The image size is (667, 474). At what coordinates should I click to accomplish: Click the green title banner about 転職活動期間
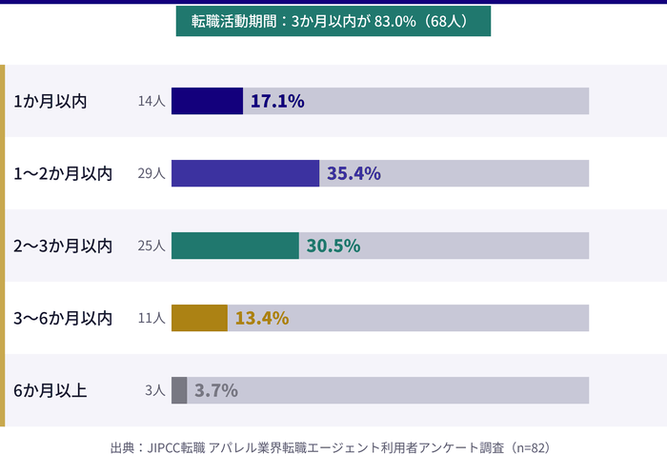pyautogui.click(x=333, y=22)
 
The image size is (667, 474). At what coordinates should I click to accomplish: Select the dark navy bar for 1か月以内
pyautogui.click(x=207, y=101)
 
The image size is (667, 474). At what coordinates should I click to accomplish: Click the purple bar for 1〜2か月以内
pyautogui.click(x=245, y=173)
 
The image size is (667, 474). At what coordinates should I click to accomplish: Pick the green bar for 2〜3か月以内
pyautogui.click(x=234, y=246)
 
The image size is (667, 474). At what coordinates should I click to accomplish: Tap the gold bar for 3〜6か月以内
pyautogui.click(x=199, y=318)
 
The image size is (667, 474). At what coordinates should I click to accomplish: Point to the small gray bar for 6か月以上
pyautogui.click(x=179, y=390)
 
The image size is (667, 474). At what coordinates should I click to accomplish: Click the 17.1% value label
pyautogui.click(x=277, y=101)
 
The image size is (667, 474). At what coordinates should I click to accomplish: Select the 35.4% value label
pyautogui.click(x=354, y=173)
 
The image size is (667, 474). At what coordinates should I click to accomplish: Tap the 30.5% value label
pyautogui.click(x=333, y=246)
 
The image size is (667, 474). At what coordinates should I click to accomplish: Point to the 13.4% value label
pyautogui.click(x=261, y=318)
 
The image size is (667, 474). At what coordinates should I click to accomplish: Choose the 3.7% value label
pyautogui.click(x=216, y=390)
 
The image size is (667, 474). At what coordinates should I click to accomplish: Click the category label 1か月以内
pyautogui.click(x=51, y=101)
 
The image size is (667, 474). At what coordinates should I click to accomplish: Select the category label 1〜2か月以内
pyautogui.click(x=63, y=173)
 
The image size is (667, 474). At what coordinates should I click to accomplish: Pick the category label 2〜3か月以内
pyautogui.click(x=63, y=246)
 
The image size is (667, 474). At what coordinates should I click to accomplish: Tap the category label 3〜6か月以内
pyautogui.click(x=63, y=318)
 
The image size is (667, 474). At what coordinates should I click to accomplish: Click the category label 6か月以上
pyautogui.click(x=51, y=390)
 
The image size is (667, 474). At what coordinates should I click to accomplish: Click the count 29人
pyautogui.click(x=152, y=173)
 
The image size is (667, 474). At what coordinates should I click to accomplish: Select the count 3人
pyautogui.click(x=155, y=390)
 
